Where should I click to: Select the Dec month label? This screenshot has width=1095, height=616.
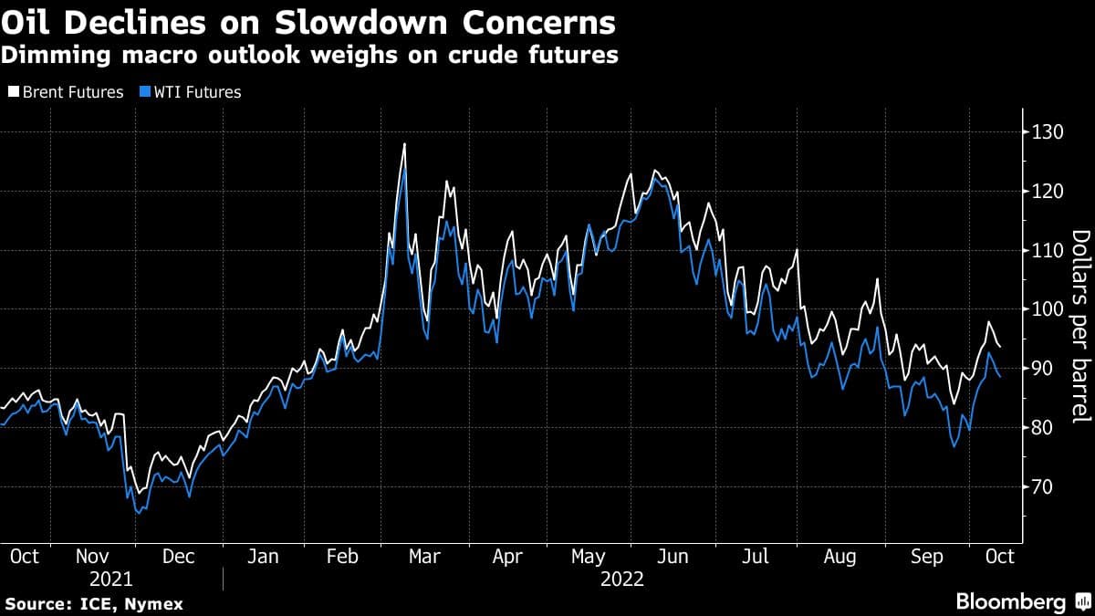coord(180,556)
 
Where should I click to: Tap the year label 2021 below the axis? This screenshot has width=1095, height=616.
coord(110,579)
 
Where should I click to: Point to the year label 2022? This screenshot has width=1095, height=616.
coord(622,579)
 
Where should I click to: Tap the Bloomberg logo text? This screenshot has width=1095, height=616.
coord(1010,602)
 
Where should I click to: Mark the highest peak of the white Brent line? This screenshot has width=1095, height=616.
coord(403,144)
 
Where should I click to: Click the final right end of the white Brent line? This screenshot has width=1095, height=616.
coord(1000,347)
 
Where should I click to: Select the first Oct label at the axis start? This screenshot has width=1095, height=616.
coord(24,556)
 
